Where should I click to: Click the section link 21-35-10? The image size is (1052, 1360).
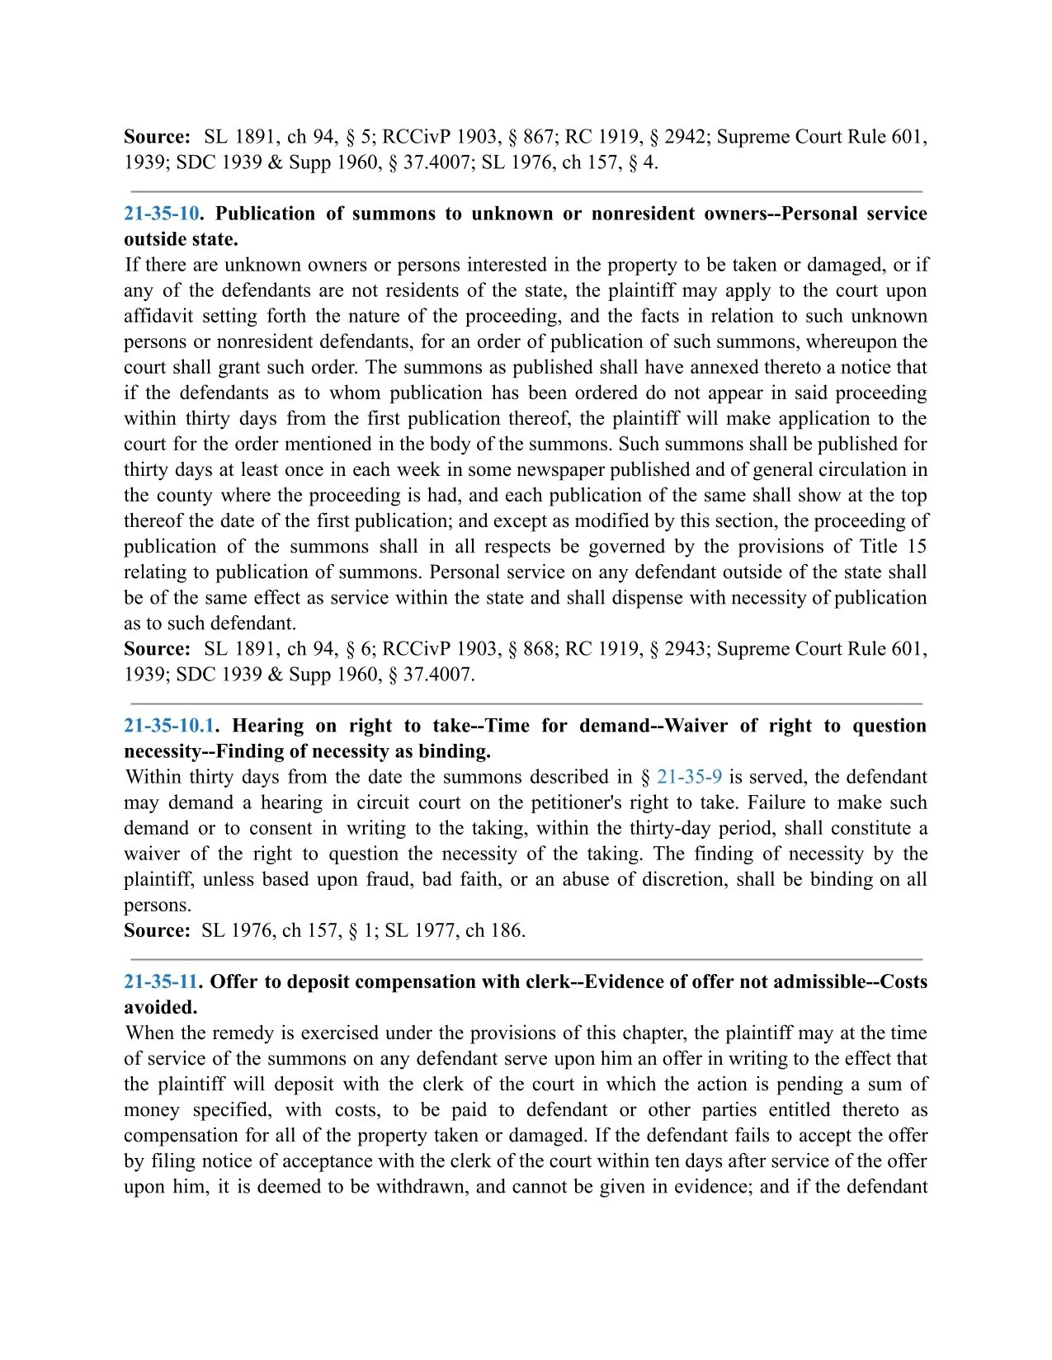coord(162,214)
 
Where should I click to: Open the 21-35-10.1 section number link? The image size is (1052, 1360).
coord(168,726)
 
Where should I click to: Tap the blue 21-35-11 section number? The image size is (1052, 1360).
coord(161,981)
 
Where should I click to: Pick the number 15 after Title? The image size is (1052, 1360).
coord(917,546)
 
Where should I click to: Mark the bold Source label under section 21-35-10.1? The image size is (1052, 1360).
coord(157,930)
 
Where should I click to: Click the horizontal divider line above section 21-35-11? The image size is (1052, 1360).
coord(526,959)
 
